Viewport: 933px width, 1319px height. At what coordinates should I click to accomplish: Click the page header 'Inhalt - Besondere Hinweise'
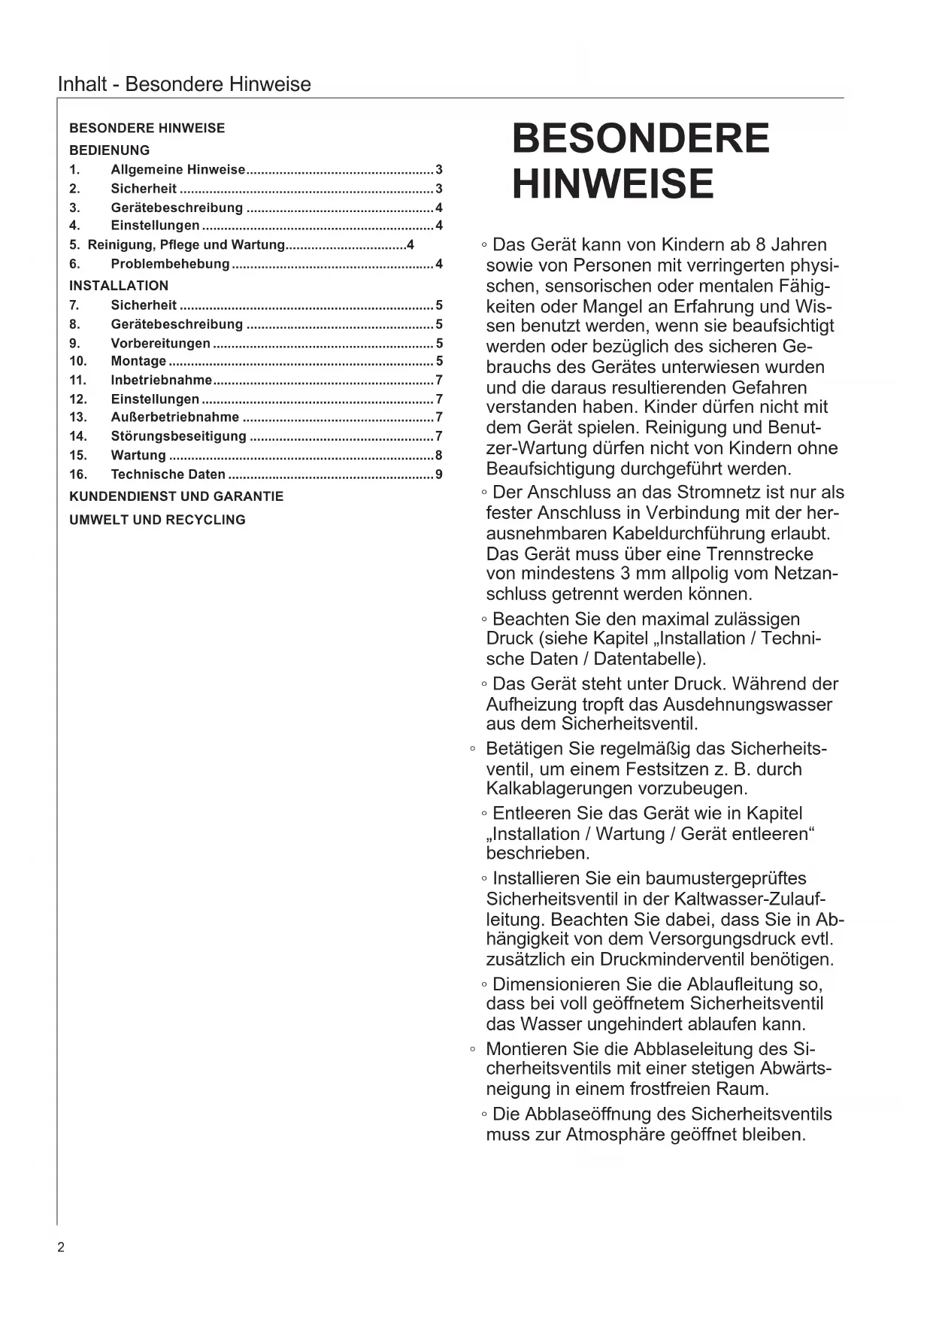(184, 84)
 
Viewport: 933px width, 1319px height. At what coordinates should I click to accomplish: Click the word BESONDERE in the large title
(641, 139)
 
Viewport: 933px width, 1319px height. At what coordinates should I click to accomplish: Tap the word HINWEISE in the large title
(613, 184)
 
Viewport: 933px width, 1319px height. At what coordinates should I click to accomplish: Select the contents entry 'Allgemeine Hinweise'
(178, 170)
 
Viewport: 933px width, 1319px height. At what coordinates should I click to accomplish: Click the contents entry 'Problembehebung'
(170, 264)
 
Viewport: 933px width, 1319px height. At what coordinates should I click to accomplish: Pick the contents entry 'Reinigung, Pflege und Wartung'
(186, 245)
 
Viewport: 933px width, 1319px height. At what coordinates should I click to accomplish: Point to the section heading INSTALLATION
(119, 286)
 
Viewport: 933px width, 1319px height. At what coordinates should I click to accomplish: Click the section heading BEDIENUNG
(110, 150)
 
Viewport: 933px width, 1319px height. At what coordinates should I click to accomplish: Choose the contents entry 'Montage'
(138, 362)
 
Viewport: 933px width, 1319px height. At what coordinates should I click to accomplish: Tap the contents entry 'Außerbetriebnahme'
(175, 417)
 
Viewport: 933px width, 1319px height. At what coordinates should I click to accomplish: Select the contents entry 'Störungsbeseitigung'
(178, 436)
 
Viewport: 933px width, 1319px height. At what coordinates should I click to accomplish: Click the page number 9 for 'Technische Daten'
(439, 475)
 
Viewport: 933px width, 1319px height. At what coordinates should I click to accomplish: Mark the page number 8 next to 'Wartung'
(439, 456)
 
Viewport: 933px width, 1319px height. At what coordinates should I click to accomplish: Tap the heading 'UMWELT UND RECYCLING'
(157, 520)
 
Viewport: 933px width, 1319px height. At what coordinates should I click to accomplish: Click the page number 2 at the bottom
(61, 1248)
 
